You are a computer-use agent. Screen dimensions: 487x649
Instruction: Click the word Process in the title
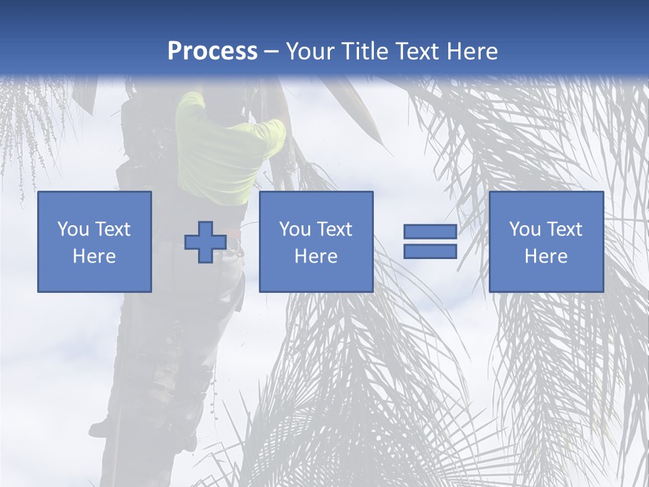pos(212,51)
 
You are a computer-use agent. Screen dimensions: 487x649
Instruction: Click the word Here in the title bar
pos(475,51)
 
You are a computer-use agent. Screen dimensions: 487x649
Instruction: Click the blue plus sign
pos(206,242)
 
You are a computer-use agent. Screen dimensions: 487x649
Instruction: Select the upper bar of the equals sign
pos(430,232)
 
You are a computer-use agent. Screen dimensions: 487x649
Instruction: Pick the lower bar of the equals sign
pos(430,252)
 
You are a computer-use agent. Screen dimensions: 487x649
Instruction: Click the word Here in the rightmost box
pos(546,256)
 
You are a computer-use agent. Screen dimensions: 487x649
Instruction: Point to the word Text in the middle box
pos(335,229)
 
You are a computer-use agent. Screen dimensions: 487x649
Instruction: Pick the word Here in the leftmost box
pos(95,256)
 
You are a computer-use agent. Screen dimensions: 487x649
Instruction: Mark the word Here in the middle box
pos(316,256)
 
